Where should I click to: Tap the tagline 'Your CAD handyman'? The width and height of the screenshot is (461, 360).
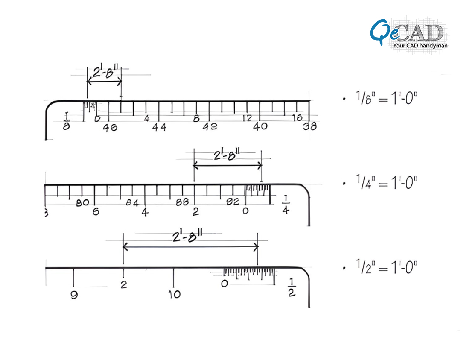tap(420, 45)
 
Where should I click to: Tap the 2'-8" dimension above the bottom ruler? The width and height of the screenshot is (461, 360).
tap(190, 236)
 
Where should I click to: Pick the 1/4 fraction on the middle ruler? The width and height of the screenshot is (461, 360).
tap(285, 205)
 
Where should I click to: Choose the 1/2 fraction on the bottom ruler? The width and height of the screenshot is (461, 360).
tap(292, 287)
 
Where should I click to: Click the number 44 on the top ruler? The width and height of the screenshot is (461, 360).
tap(159, 127)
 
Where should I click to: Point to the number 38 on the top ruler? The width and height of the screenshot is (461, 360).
tap(310, 126)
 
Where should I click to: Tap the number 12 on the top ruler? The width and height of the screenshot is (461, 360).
tap(247, 118)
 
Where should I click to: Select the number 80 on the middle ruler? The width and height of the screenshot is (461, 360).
tap(82, 202)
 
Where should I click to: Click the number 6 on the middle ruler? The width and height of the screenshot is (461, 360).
tap(95, 211)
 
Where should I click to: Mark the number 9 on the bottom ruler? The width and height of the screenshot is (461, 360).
tap(74, 295)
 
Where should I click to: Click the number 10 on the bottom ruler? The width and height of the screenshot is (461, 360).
tap(174, 294)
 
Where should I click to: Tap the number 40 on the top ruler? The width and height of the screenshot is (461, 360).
tap(260, 126)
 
